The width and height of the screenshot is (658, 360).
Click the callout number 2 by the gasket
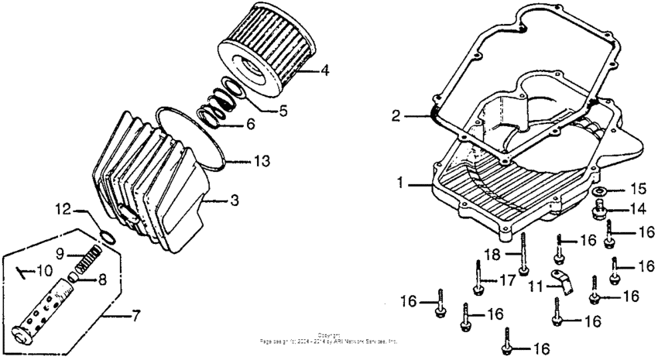pos(395,116)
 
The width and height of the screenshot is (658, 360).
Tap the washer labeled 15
pos(601,190)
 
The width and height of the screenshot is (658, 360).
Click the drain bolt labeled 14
pos(601,207)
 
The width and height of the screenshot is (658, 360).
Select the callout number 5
pos(283,111)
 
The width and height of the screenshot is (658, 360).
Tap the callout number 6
pos(249,125)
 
